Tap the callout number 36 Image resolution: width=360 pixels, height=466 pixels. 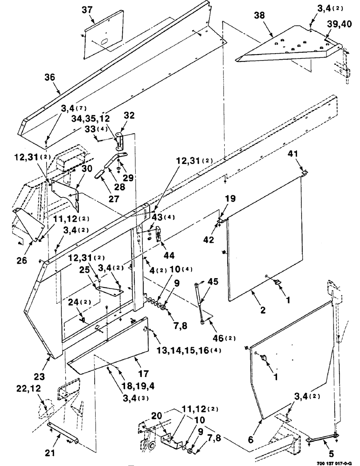(x=50, y=78)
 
